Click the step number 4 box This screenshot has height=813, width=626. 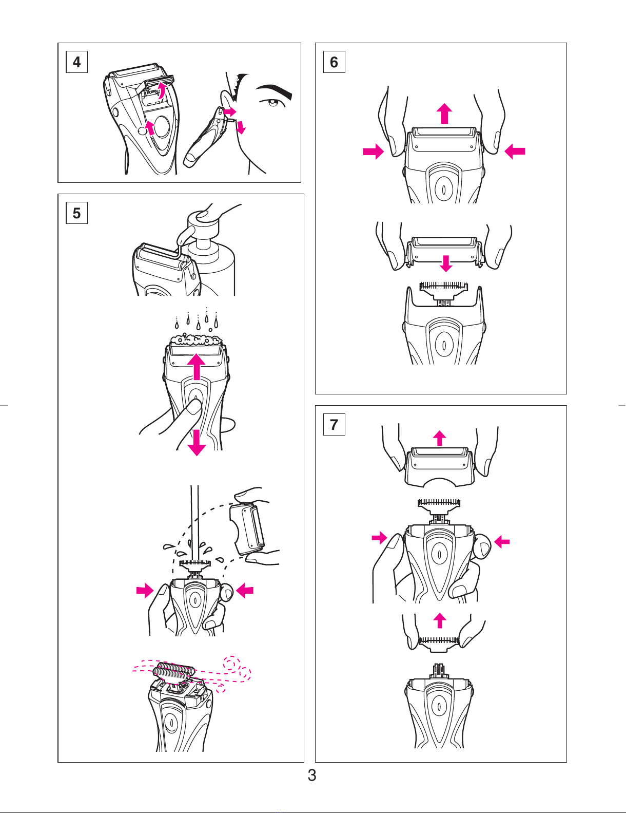(76, 62)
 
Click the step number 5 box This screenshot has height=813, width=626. (76, 213)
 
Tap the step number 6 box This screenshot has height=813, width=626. (334, 62)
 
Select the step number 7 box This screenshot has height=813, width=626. (334, 424)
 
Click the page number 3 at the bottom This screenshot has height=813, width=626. (312, 775)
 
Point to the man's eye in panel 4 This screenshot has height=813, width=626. (272, 102)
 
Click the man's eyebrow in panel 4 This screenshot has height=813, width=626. (275, 91)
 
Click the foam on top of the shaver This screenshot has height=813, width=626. (196, 339)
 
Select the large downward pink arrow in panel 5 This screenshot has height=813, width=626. (196, 442)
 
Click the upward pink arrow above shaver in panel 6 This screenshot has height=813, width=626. (444, 114)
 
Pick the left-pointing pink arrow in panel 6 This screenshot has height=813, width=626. (515, 152)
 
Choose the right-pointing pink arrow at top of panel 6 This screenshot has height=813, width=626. (374, 152)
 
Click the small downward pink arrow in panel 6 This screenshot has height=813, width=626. (446, 263)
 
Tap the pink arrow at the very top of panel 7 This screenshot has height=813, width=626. (440, 438)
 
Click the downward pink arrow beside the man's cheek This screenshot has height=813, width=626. (241, 127)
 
